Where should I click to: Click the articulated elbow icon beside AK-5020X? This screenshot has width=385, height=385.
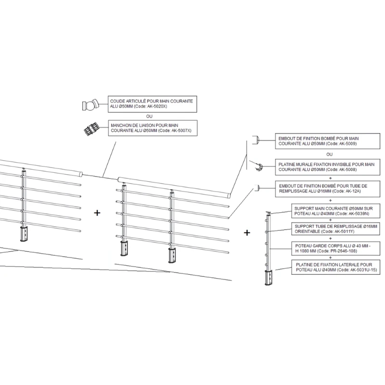[90, 104]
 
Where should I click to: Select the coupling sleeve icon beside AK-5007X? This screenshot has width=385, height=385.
[91, 128]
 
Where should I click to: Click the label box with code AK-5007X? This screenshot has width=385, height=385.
[154, 127]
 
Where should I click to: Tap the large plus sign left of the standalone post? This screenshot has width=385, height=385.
[247, 233]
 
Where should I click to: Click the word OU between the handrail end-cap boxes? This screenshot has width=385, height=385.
[329, 154]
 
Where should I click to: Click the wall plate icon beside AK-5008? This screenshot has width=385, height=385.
[259, 167]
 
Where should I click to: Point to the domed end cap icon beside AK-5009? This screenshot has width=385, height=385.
[257, 140]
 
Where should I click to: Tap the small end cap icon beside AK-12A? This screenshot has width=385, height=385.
[258, 188]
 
